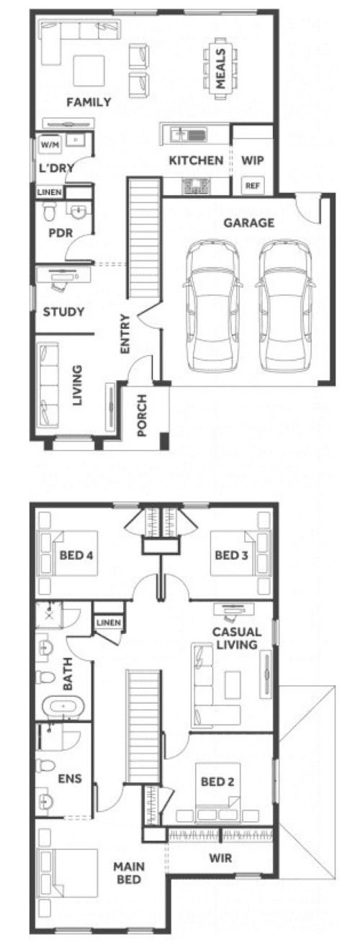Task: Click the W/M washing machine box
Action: [x=50, y=145]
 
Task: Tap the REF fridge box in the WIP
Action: [x=253, y=185]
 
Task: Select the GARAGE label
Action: [x=249, y=222]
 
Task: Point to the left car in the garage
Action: [x=212, y=305]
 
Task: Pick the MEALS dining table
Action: [x=220, y=69]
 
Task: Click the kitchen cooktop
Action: [x=197, y=186]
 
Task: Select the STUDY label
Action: [x=64, y=312]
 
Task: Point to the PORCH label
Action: [x=142, y=415]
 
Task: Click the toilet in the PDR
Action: [x=50, y=211]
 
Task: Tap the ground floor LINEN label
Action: [x=50, y=192]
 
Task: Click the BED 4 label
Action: [x=76, y=555]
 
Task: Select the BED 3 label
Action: [x=231, y=555]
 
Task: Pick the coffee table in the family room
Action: [x=89, y=71]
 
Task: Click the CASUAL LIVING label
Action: [x=236, y=638]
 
